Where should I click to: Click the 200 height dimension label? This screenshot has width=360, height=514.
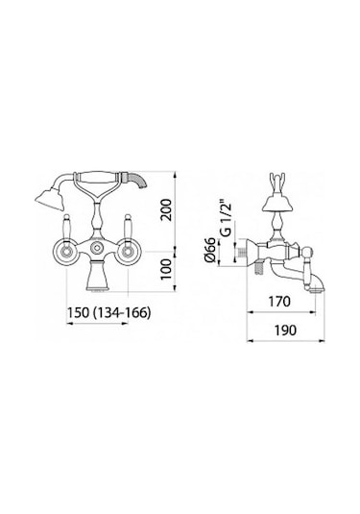[166, 209]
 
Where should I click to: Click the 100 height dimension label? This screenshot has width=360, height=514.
[166, 269]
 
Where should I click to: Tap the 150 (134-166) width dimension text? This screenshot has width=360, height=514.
[108, 312]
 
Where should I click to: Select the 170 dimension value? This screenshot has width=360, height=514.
[279, 301]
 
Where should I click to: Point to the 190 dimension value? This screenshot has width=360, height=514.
[285, 330]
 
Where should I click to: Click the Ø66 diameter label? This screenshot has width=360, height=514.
[210, 250]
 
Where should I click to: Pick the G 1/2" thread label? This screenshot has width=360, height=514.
[226, 219]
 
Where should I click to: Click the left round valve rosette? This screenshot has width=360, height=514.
[66, 252]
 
